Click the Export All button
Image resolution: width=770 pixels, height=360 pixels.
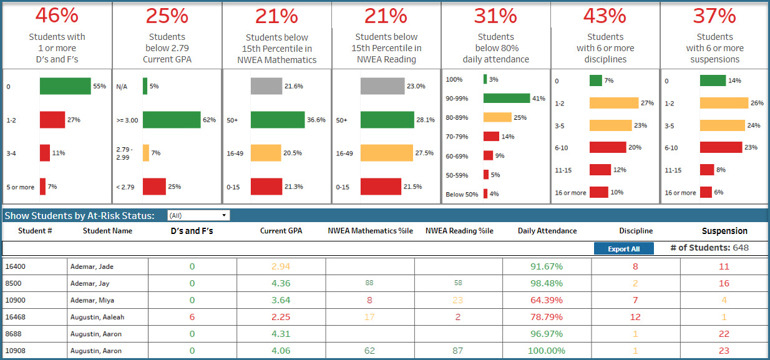[x=623, y=249]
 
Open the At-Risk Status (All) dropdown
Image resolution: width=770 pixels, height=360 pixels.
[x=198, y=215]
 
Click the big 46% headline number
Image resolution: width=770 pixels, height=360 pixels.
[x=57, y=16]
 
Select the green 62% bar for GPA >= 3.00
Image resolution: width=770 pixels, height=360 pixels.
[x=172, y=119]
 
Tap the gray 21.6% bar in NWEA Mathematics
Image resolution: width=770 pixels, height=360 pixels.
[x=266, y=86]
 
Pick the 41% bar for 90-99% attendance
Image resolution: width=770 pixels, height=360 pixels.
[x=506, y=98]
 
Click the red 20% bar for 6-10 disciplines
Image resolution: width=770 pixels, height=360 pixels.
[x=607, y=147]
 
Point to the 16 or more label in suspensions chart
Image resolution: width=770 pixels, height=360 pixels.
[x=680, y=193]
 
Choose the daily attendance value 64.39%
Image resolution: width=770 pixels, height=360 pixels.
[x=546, y=300]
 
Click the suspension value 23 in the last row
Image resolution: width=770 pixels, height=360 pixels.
[x=724, y=351]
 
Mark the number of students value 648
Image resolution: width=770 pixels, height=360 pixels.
[x=741, y=248]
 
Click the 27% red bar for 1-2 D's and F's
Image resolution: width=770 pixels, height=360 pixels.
[x=52, y=119]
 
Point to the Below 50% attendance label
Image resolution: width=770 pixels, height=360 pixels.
[x=462, y=195]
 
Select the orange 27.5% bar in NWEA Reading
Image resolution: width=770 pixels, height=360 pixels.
[x=386, y=153]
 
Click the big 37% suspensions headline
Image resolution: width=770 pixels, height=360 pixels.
[x=714, y=16]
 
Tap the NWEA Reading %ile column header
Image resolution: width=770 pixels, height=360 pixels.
[x=459, y=231]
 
